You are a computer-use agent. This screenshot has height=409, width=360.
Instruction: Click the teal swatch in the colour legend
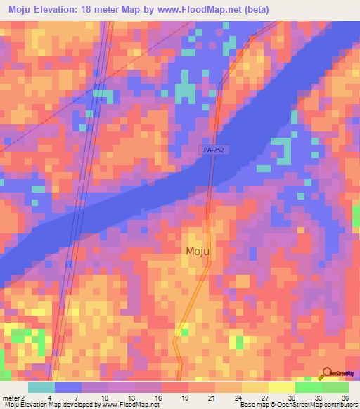tap(41, 387)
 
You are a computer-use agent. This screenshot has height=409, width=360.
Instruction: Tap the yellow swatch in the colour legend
tap(282, 387)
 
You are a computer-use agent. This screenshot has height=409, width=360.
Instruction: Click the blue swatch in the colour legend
tap(68, 387)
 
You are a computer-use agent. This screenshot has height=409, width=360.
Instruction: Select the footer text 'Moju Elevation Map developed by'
tap(51, 405)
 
